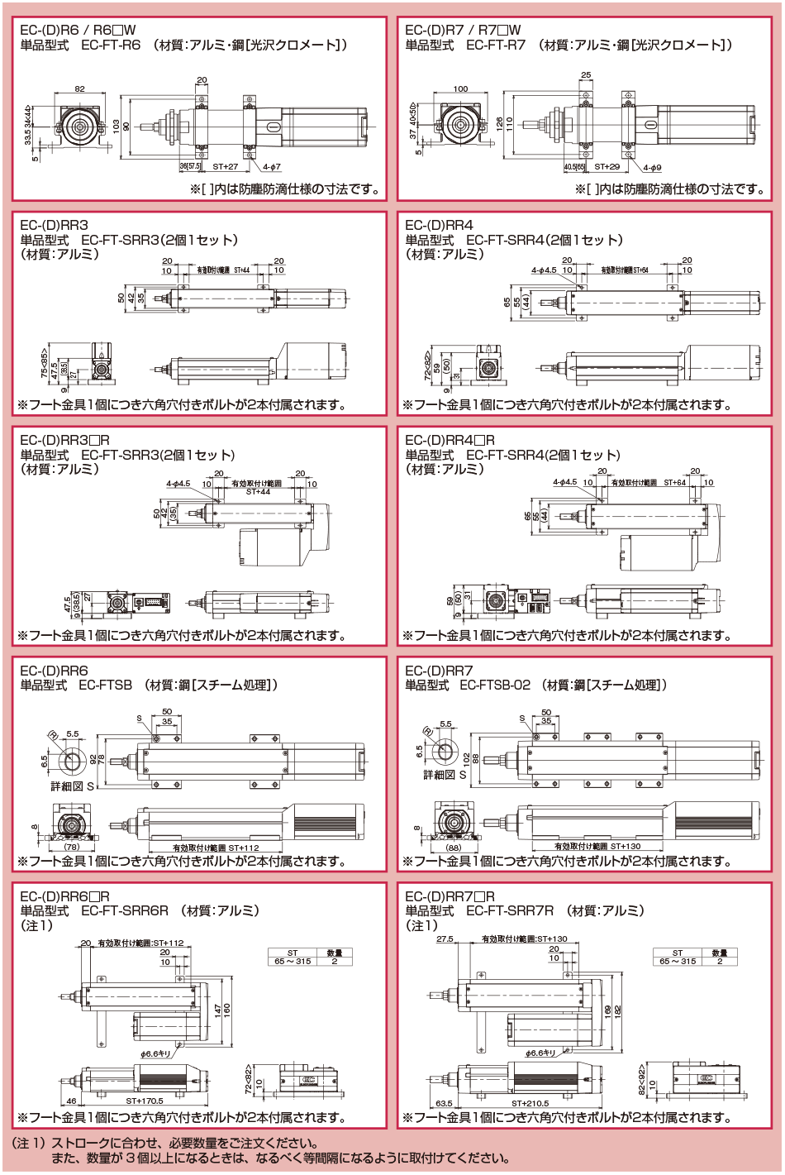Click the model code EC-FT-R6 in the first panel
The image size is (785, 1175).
pos(111,45)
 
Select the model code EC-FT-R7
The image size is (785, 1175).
pos(496,45)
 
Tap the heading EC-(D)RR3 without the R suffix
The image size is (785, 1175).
pos(54,225)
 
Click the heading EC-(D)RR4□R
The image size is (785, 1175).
pos(450,440)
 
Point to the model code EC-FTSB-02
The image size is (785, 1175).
pos(495,685)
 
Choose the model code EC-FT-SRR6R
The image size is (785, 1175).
pos(125,910)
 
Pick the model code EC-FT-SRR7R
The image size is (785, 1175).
pos(510,910)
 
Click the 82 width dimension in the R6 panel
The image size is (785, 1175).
pos(79,88)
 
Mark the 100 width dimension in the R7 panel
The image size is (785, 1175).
pos(460,88)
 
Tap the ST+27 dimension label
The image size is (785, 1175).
pos(225,167)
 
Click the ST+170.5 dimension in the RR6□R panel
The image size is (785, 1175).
pos(145,1101)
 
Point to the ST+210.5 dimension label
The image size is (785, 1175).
pos(530,1103)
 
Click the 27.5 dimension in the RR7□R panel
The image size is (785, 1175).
pos(445,939)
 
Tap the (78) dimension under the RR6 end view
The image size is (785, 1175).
pos(73,847)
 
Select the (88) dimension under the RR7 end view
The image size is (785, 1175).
pos(454,847)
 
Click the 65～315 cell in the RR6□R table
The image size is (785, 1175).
pos(293,961)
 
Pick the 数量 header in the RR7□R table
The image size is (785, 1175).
pos(719,953)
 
